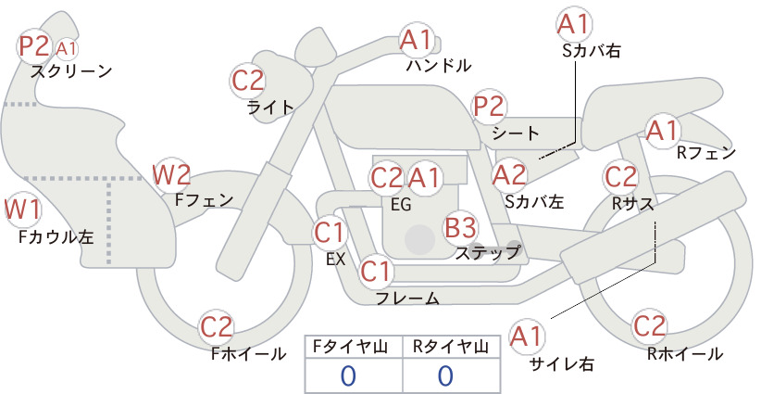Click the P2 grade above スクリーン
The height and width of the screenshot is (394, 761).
pos(34,46)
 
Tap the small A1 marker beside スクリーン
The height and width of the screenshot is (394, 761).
pos(67,48)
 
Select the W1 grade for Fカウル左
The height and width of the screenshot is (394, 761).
pos(22,210)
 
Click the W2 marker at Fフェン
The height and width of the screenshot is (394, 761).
pos(171,175)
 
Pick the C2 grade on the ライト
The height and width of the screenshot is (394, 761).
pos(248,81)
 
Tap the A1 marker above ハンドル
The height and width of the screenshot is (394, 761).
pos(416,40)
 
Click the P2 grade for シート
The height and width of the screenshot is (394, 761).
pos(490,107)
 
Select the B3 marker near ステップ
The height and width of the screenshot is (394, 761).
pos(460,227)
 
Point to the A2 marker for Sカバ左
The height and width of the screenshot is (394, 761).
pos(509,175)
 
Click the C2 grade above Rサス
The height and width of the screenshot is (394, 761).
pos(620,177)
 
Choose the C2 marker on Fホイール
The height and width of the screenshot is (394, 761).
pos(217,327)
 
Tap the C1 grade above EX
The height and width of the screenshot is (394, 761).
pos(330,233)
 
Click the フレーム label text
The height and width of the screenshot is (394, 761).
pos(407,299)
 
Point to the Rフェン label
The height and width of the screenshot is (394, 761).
pos(706,153)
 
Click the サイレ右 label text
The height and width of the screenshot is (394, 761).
pos(562,364)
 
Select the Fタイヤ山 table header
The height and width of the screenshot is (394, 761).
pos(350,347)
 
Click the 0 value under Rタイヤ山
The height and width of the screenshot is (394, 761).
pos(445,375)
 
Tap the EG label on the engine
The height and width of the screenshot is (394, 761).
pos(402,205)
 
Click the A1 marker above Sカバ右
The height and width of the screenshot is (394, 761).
pos(574,24)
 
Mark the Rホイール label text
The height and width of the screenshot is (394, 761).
pos(685,354)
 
